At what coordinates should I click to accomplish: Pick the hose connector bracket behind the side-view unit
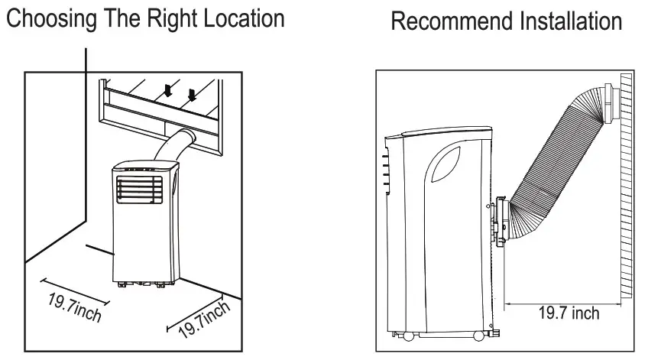501,221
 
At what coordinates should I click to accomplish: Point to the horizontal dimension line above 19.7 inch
562,300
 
